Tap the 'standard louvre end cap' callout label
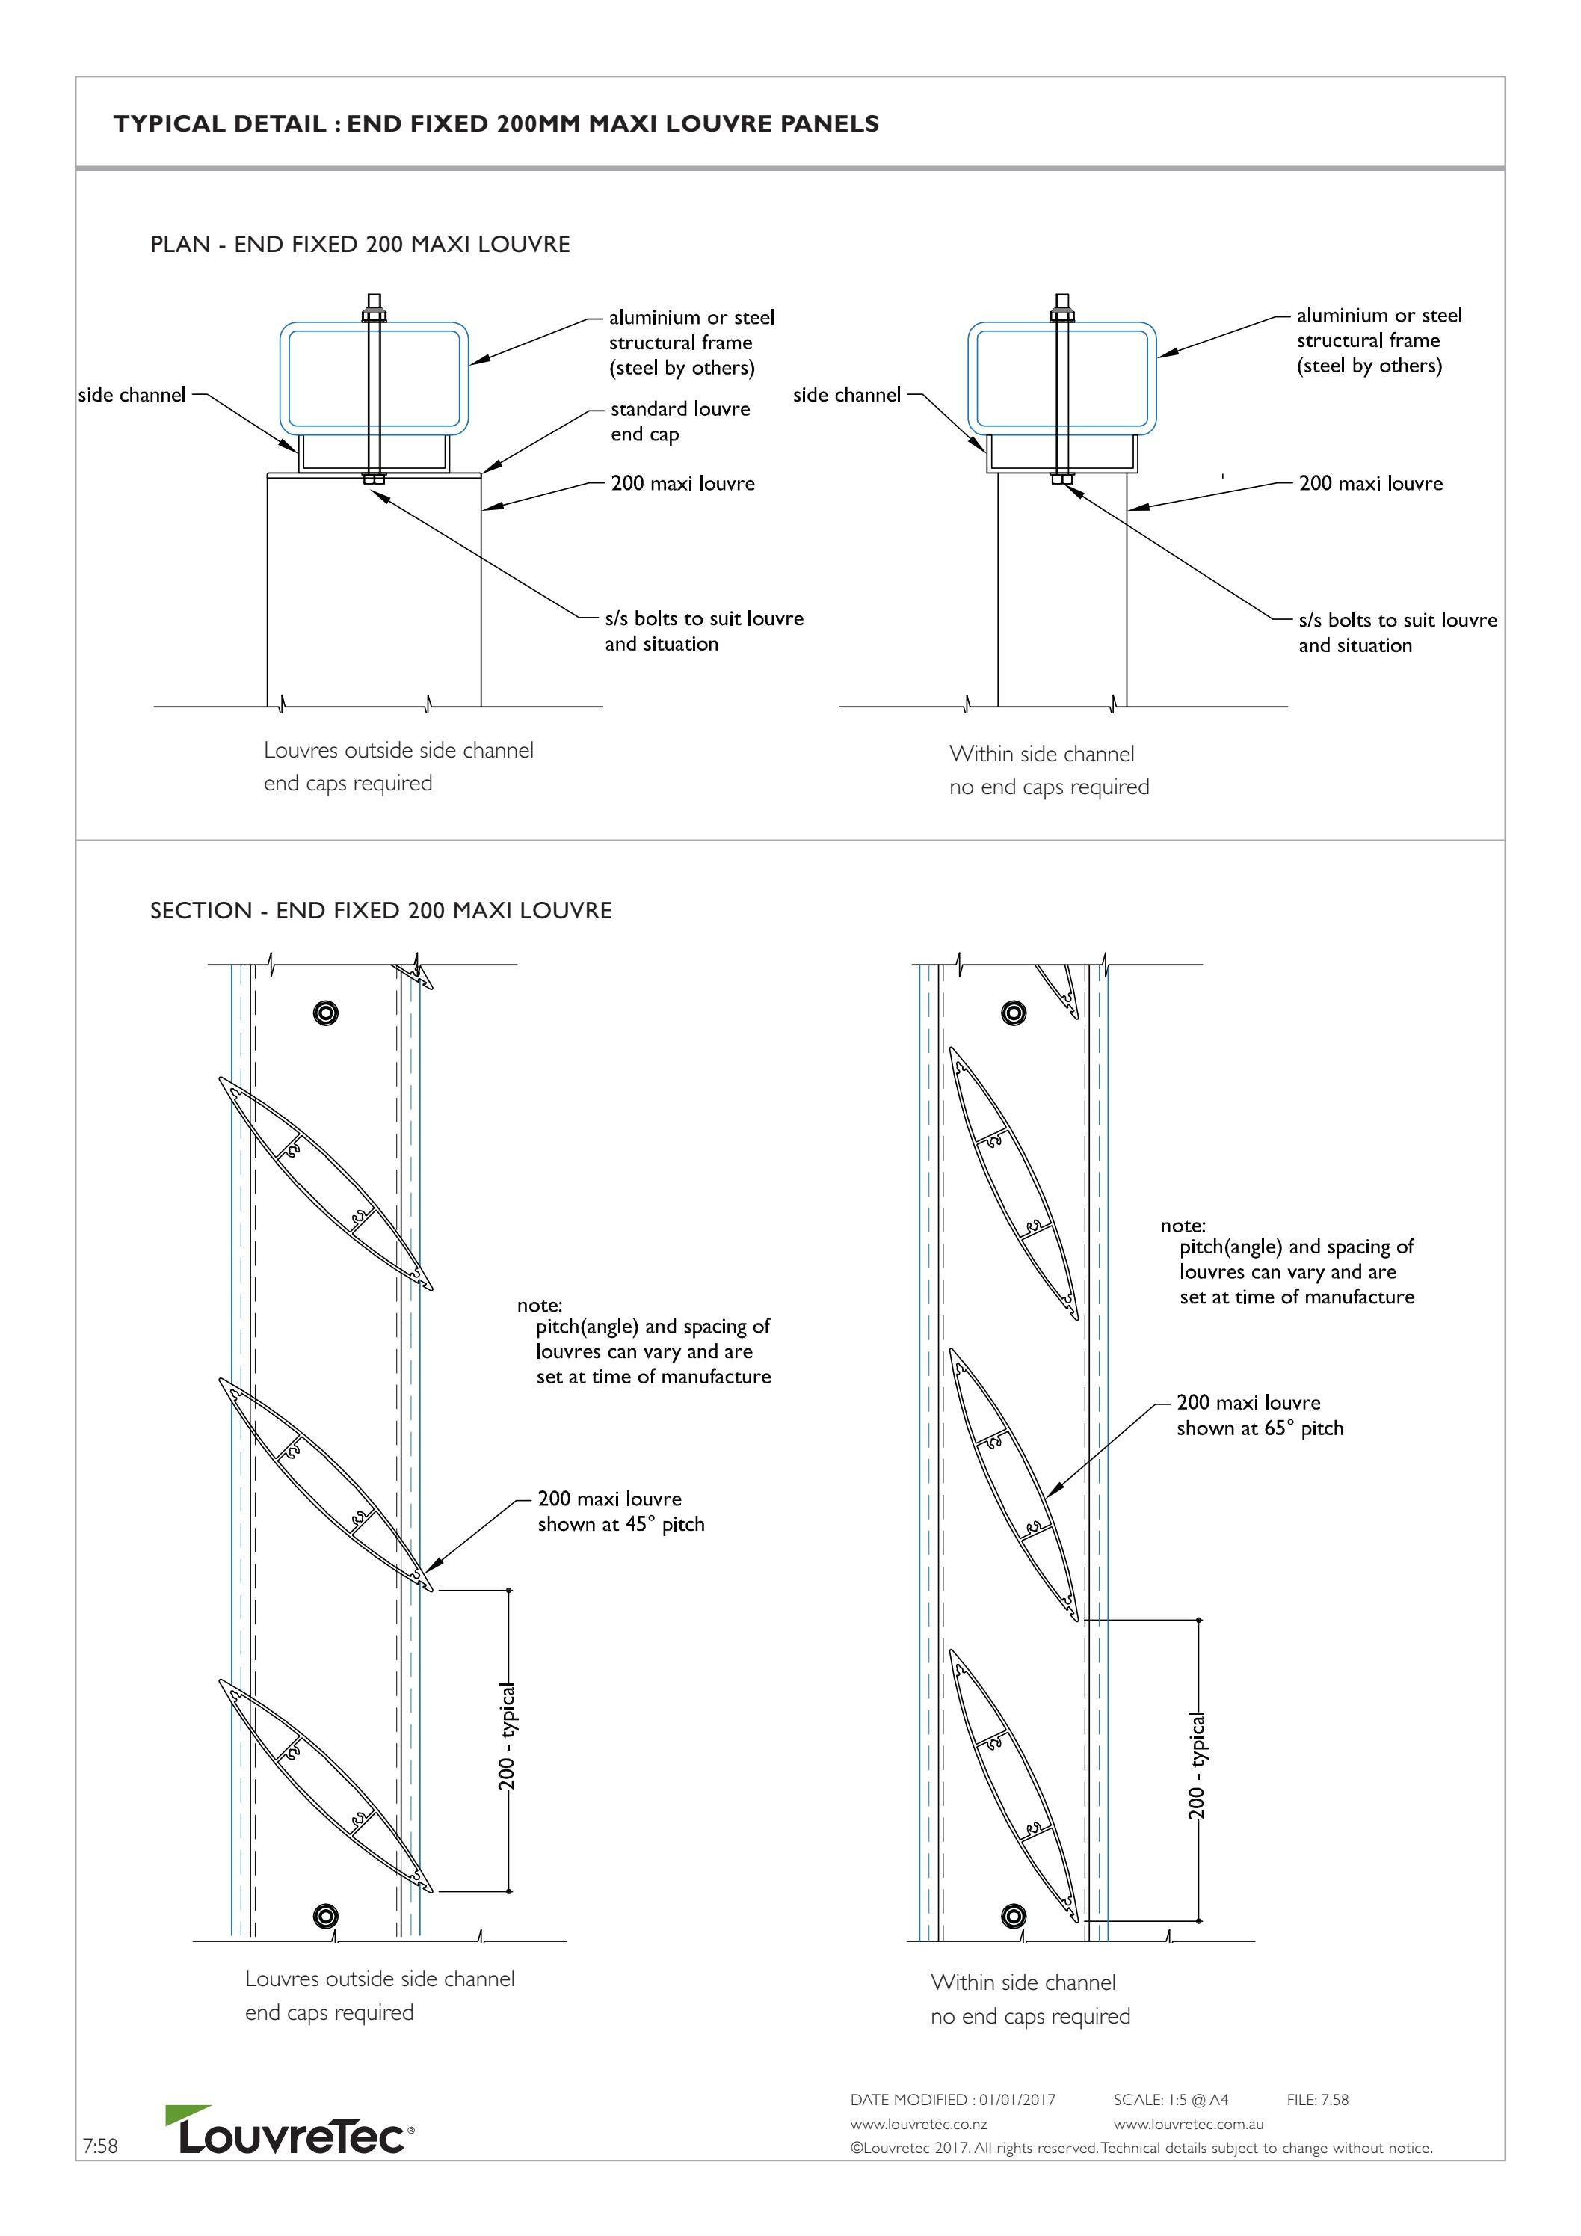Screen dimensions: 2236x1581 tap(679, 422)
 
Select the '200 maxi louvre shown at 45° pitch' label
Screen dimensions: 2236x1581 tap(620, 1511)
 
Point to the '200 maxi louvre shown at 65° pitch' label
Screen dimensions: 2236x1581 tap(1259, 1415)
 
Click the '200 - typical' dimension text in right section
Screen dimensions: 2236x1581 tap(1197, 1765)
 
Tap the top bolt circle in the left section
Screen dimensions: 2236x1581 tap(325, 1013)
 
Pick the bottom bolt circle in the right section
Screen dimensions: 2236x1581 tap(1014, 1917)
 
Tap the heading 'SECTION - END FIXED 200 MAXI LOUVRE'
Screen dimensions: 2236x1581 tap(380, 911)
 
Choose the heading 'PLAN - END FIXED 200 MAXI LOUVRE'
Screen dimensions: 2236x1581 tap(360, 245)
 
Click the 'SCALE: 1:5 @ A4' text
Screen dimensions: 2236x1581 tap(1170, 2100)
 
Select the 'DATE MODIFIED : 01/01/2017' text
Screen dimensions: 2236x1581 tap(952, 2100)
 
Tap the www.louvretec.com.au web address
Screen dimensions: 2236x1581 tap(1188, 2124)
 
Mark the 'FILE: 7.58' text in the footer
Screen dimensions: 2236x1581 tap(1317, 2100)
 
